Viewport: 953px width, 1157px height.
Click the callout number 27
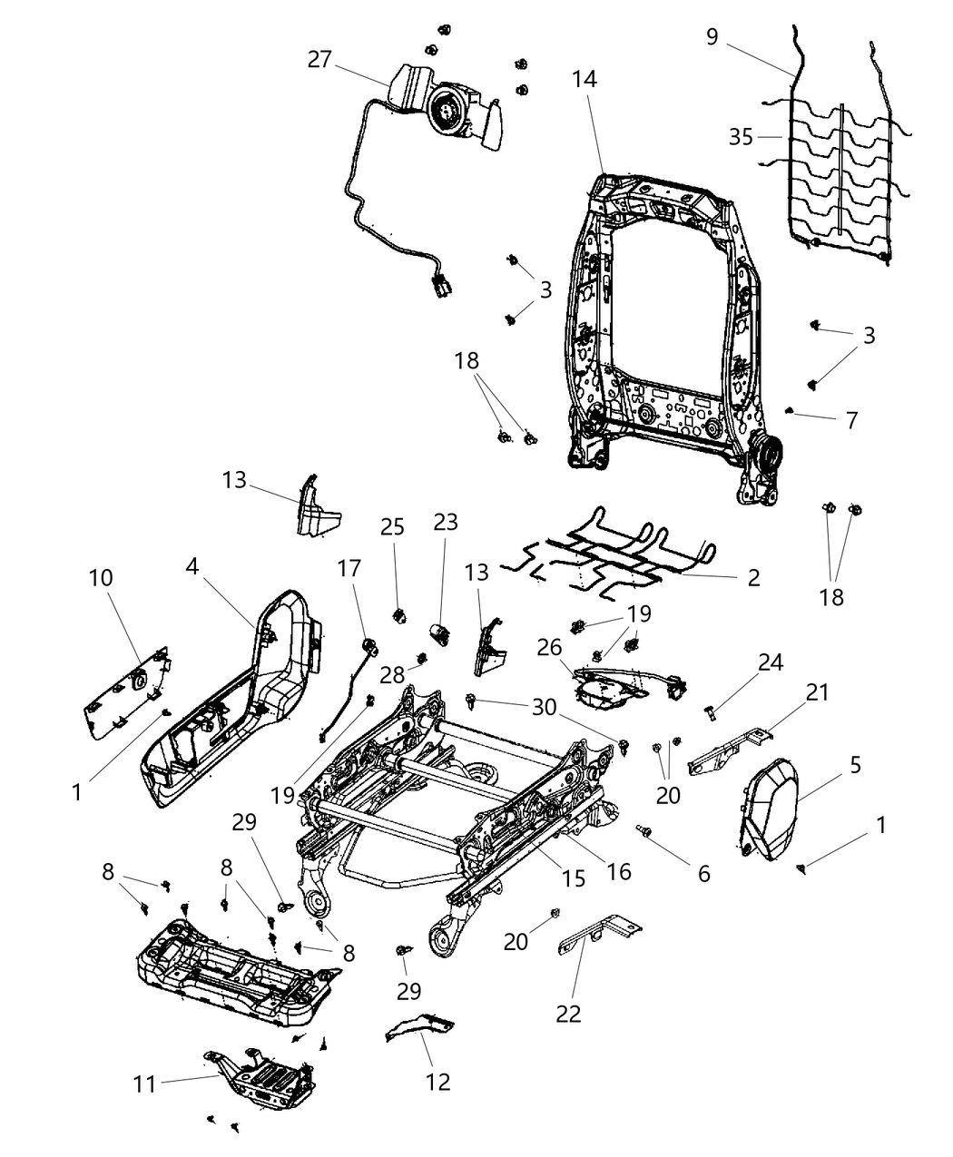(x=319, y=60)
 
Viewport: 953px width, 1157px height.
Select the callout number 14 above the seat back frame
(x=585, y=79)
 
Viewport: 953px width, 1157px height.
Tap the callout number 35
(x=741, y=137)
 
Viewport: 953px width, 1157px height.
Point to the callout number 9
(x=712, y=36)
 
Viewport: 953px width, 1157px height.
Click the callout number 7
(x=850, y=420)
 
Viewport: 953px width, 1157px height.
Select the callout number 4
(x=192, y=565)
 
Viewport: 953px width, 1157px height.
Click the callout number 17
(x=349, y=568)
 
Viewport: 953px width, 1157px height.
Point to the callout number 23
(x=446, y=522)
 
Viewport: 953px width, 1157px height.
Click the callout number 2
(x=753, y=577)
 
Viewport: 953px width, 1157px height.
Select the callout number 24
(x=771, y=662)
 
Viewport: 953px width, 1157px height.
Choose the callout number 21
(x=818, y=692)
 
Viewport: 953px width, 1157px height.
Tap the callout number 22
(x=568, y=1013)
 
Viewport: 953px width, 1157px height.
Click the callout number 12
(x=437, y=1082)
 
